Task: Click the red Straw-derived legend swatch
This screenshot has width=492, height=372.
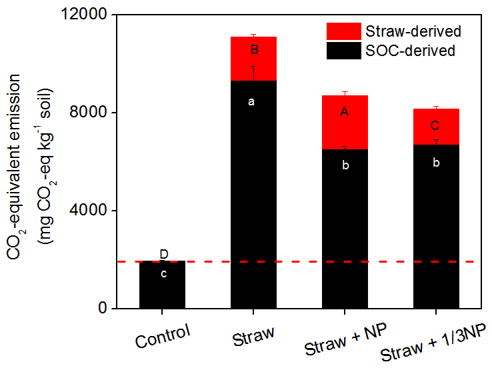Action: click(343, 31)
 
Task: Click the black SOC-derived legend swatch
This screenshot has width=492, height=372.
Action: click(343, 50)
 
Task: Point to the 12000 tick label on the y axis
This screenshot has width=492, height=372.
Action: click(93, 15)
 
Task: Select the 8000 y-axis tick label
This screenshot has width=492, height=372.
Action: click(97, 113)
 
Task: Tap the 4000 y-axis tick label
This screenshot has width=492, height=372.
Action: click(97, 211)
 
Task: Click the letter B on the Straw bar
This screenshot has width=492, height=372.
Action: click(253, 50)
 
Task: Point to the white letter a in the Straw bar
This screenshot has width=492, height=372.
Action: click(251, 102)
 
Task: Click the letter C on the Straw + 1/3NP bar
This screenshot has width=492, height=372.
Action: click(435, 125)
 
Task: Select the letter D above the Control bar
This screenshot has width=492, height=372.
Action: click(163, 254)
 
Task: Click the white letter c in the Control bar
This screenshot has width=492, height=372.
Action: click(163, 273)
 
